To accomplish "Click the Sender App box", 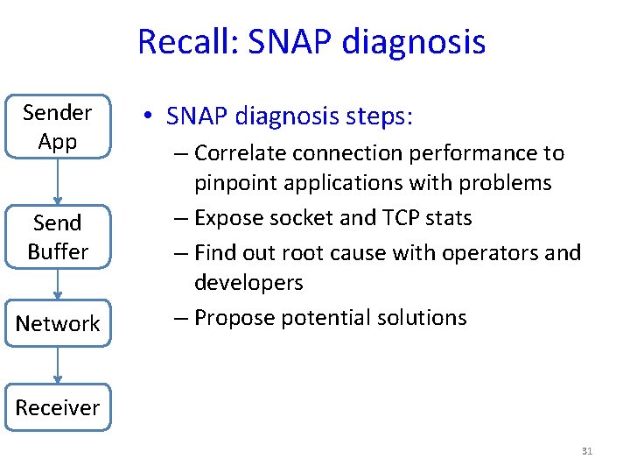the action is point(58,127).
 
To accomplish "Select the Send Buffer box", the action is point(58,237).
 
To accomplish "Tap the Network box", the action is point(58,323).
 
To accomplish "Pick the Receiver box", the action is point(58,407).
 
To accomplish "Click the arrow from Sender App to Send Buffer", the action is point(58,181).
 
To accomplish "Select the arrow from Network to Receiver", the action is point(58,365).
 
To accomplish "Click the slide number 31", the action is point(586,451).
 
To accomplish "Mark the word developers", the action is point(248,283).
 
